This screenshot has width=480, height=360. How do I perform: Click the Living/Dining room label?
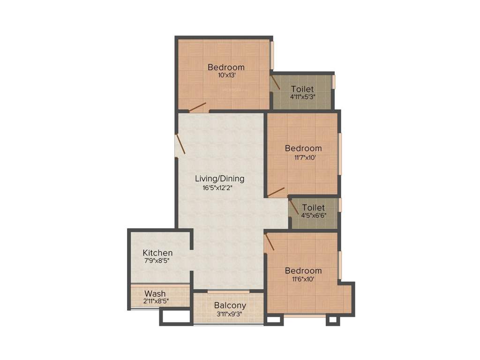tap(219, 179)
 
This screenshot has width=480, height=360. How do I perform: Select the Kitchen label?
tap(157, 253)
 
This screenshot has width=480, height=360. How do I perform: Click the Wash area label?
tap(155, 294)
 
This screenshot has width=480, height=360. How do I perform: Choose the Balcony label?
tap(230, 306)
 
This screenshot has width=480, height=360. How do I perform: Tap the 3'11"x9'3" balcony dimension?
tap(229, 314)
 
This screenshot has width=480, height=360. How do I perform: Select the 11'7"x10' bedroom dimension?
tap(303, 157)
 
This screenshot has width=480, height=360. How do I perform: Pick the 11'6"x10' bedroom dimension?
tap(303, 279)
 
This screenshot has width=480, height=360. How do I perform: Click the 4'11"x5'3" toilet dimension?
tap(302, 97)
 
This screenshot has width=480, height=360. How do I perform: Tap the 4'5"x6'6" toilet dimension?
tap(314, 216)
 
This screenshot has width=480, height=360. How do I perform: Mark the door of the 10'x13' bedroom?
tap(197, 107)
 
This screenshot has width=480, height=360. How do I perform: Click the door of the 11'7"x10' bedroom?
tap(276, 191)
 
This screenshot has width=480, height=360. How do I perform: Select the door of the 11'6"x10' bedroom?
tap(269, 243)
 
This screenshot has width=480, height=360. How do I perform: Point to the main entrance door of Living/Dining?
tap(180, 144)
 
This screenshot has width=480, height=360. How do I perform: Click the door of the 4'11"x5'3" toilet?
tap(275, 82)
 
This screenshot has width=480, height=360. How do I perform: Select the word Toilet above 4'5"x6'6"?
tap(314, 208)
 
